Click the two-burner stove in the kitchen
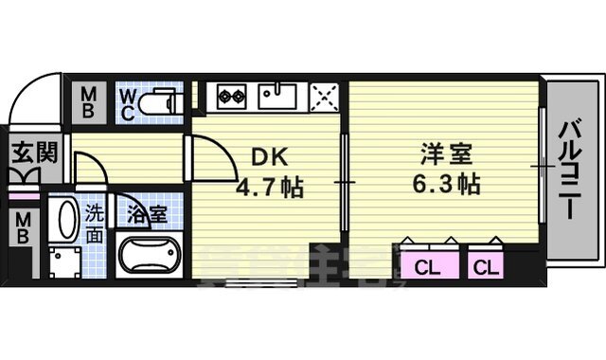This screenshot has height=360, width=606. [232, 95]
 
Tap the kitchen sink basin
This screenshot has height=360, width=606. [276, 95]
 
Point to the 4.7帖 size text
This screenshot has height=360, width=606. [270, 188]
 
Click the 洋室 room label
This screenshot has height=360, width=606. [445, 154]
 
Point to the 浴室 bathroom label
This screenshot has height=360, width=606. [149, 213]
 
